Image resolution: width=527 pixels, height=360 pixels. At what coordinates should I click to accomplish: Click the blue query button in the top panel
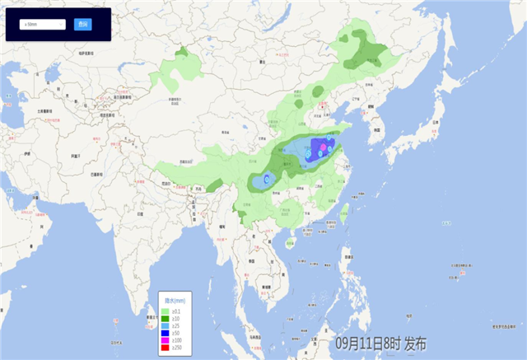click(82, 25)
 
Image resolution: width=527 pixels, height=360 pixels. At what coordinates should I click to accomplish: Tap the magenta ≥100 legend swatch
click(165, 339)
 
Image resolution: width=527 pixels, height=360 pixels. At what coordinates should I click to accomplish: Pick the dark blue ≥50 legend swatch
click(165, 331)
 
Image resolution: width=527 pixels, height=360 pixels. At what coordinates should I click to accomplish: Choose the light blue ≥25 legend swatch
click(165, 325)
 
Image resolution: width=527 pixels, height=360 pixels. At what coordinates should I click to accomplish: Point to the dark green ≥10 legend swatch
click(165, 317)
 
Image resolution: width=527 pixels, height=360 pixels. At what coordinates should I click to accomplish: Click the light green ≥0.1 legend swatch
click(165, 311)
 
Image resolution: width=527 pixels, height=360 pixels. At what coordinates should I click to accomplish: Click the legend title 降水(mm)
click(175, 301)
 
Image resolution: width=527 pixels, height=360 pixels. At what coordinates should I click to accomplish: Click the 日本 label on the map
click(434, 124)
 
